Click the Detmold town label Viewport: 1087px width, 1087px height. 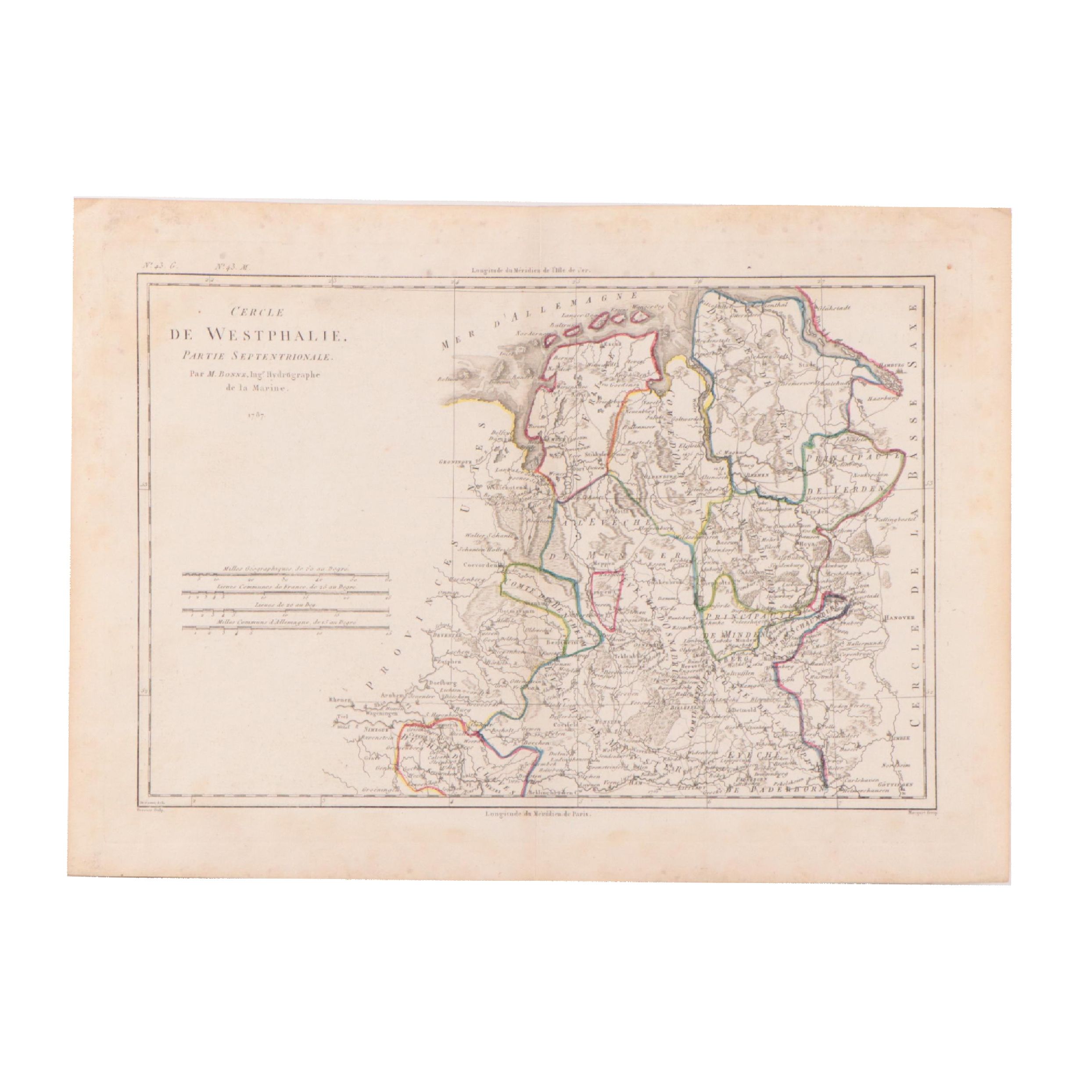pos(744,710)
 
